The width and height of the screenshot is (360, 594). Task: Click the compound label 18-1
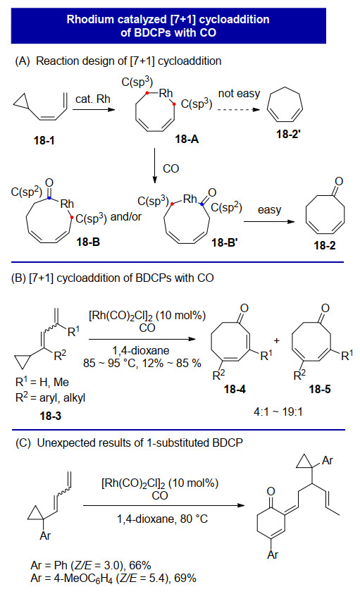point(44,140)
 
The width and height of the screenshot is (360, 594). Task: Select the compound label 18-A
point(187,140)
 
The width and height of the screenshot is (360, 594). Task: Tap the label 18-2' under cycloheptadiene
point(288,134)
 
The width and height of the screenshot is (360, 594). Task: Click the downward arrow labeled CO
point(154,166)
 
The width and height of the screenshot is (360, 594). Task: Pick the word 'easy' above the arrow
point(269,209)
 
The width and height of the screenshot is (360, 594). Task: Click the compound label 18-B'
point(224,242)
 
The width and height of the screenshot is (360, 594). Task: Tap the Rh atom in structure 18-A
point(166,93)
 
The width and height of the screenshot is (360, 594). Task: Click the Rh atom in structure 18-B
point(67,204)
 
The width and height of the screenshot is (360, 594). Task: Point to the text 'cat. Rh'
point(93,99)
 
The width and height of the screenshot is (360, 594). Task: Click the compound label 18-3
point(51,416)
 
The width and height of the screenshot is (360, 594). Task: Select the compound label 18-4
point(235,389)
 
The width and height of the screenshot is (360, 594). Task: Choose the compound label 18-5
point(319,389)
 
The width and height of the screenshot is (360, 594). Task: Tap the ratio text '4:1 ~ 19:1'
point(278,412)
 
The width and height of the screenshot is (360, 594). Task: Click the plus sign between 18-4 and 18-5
point(277,340)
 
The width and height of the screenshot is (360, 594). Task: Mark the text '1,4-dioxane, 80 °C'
point(162,519)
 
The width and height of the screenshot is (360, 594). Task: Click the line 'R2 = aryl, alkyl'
point(51,398)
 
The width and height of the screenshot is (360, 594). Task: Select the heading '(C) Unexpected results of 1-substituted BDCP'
point(129,443)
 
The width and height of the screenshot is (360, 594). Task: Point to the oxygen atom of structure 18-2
point(339,182)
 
